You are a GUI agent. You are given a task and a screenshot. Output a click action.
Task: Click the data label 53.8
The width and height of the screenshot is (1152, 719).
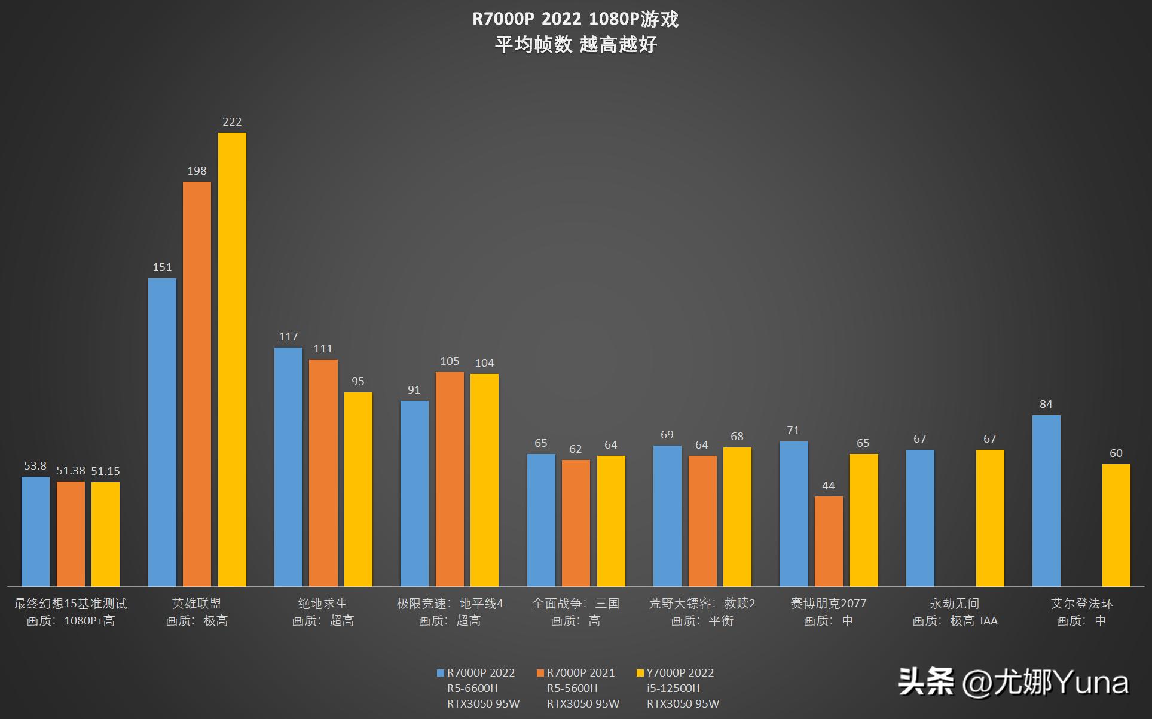pyautogui.click(x=35, y=466)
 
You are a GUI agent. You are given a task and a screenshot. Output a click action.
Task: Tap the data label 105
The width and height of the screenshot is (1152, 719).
pyautogui.click(x=450, y=361)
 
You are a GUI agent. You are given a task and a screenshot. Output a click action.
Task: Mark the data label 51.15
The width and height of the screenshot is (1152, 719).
pyautogui.click(x=105, y=471)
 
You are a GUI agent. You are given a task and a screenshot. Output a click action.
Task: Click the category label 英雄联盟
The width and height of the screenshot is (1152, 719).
pyautogui.click(x=197, y=604)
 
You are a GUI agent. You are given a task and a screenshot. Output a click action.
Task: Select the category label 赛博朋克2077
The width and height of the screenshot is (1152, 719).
pyautogui.click(x=829, y=604)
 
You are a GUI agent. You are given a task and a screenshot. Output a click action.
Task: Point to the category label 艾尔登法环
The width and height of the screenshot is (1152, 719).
pyautogui.click(x=1081, y=604)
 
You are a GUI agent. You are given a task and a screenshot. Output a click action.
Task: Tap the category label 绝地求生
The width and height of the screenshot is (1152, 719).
pyautogui.click(x=323, y=604)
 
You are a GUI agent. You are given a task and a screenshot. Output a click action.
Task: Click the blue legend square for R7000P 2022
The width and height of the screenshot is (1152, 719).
pyautogui.click(x=441, y=673)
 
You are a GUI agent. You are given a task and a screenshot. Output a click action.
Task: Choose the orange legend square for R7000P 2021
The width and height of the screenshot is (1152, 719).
pyautogui.click(x=540, y=673)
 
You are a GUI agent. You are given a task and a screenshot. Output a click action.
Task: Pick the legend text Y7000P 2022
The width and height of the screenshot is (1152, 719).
pyautogui.click(x=680, y=673)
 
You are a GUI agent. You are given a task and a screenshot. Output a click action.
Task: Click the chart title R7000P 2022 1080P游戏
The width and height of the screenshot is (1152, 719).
pyautogui.click(x=575, y=19)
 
